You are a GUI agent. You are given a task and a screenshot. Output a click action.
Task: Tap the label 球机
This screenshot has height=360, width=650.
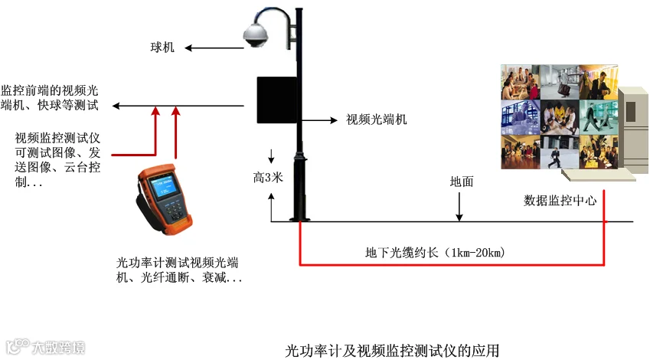pyautogui.click(x=162, y=47)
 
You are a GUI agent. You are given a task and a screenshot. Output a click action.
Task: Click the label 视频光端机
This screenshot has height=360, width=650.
pyautogui.click(x=377, y=119)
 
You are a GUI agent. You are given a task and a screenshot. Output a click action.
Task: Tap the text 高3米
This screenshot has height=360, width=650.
pyautogui.click(x=269, y=178)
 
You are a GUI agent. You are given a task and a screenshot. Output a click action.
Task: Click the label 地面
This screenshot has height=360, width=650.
pyautogui.click(x=462, y=182)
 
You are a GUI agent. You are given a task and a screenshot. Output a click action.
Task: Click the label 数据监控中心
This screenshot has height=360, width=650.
pyautogui.click(x=560, y=201)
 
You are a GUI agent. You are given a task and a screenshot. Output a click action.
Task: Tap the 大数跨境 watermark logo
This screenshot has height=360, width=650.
pyautogui.click(x=45, y=348)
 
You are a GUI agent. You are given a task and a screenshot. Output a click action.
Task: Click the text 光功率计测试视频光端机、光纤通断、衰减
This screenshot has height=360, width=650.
pyautogui.click(x=178, y=270)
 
